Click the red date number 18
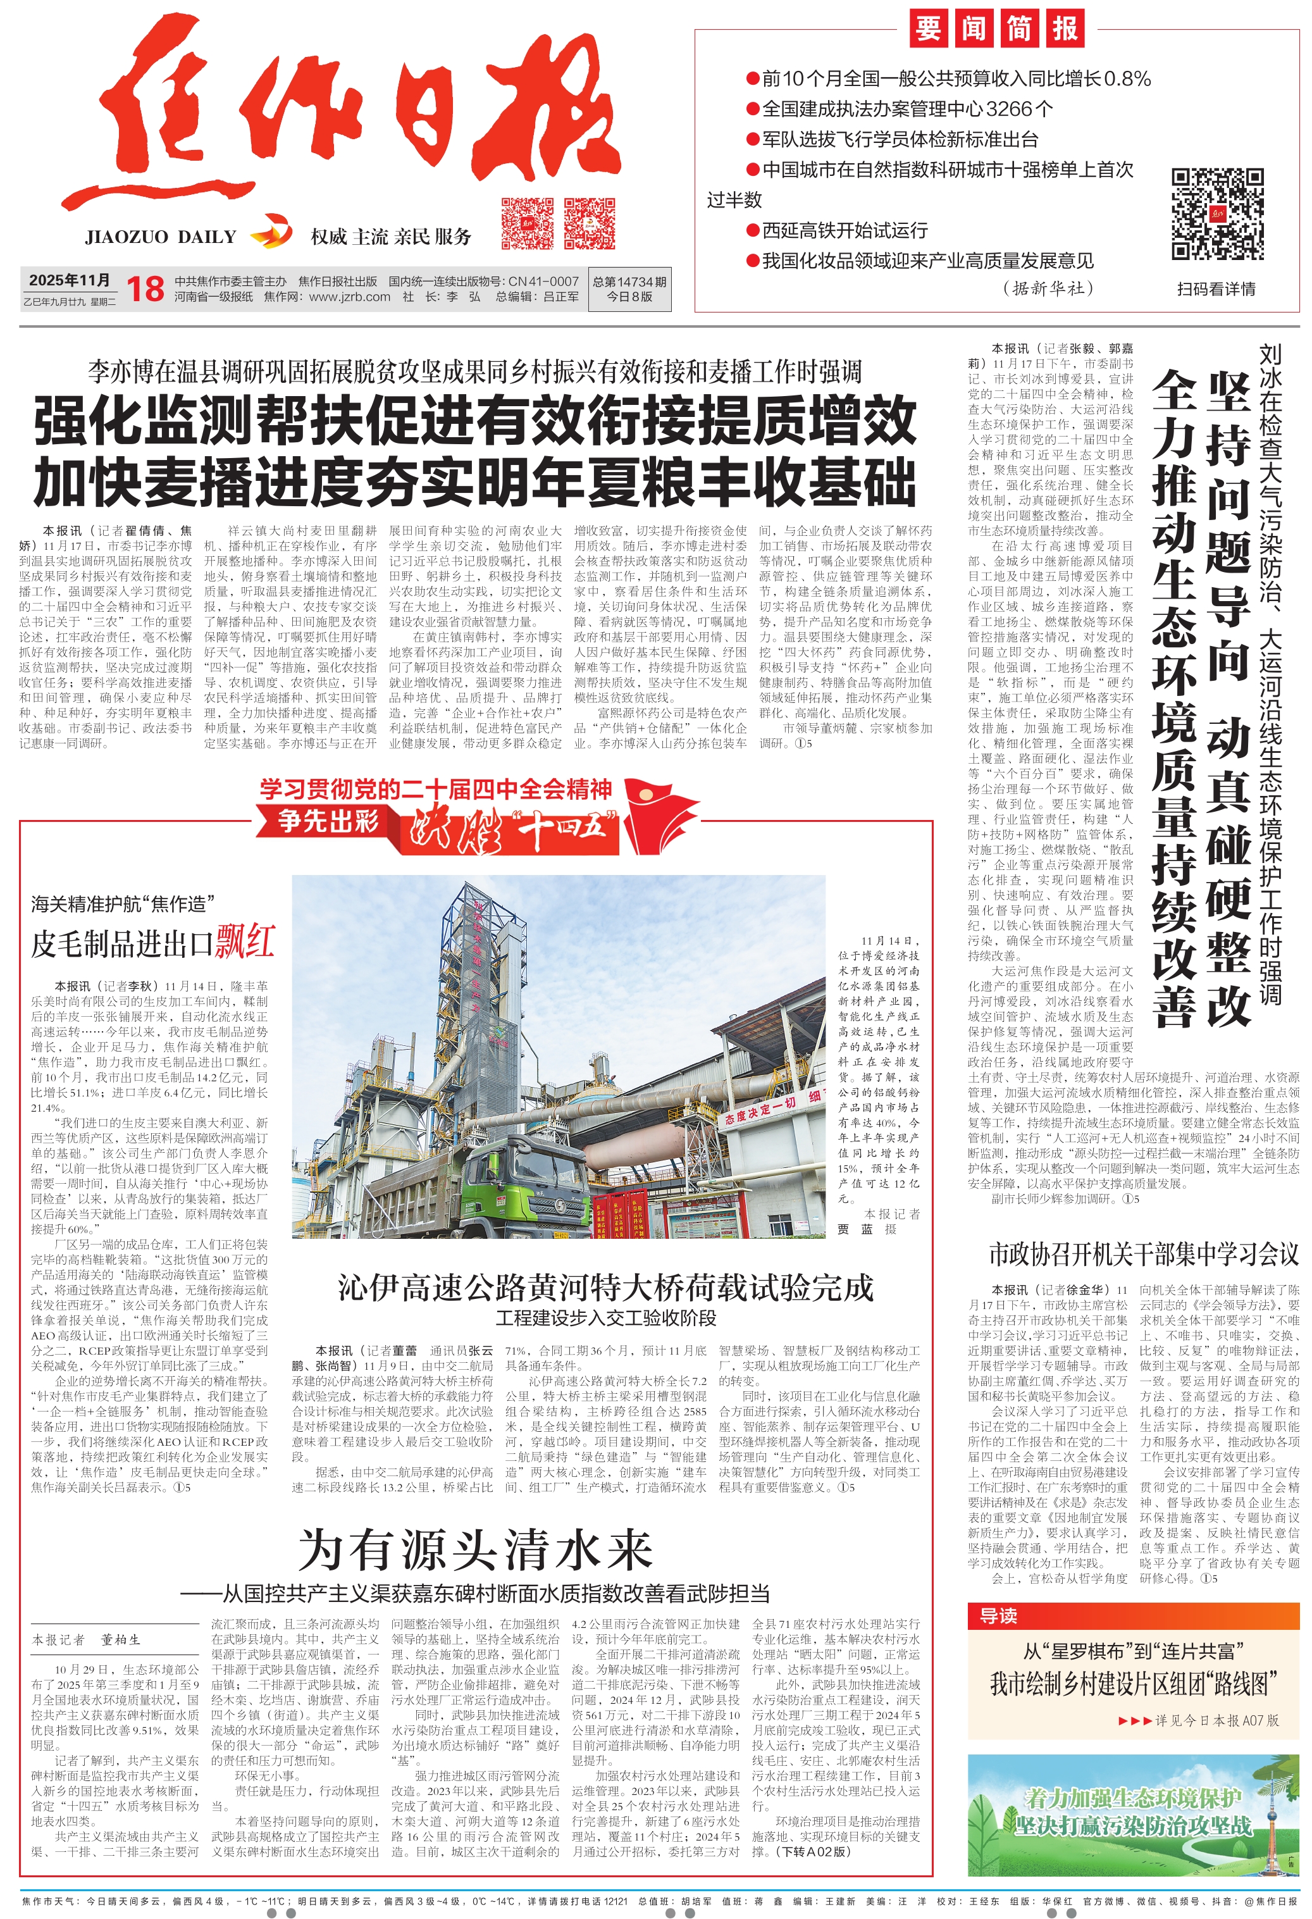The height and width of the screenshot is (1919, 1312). click(x=145, y=289)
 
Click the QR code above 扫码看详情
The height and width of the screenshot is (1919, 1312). click(x=1217, y=214)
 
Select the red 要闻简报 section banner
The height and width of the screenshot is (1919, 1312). click(x=996, y=29)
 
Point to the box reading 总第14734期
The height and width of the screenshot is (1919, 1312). click(x=629, y=289)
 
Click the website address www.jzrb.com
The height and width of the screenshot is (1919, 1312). click(x=349, y=297)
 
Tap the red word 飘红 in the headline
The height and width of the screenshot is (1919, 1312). click(x=245, y=942)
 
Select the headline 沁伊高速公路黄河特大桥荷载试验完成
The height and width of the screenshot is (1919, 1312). click(x=605, y=1288)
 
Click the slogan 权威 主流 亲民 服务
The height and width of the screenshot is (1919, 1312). click(x=390, y=237)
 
